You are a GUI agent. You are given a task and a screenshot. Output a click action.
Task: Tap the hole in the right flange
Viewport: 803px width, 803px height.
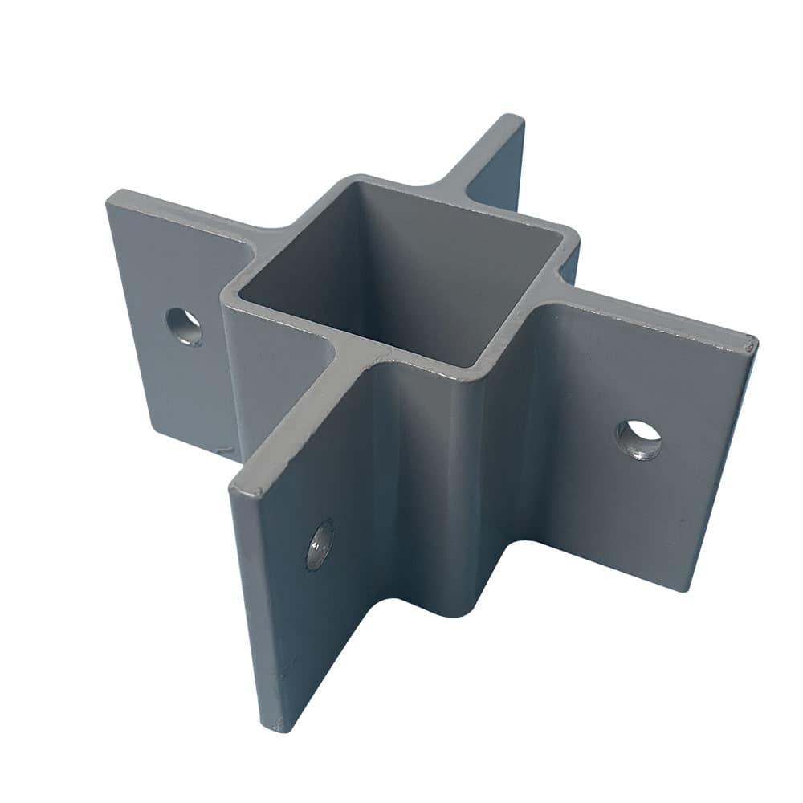[638, 439]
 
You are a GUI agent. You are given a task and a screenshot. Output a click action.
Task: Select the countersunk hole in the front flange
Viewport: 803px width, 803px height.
[319, 545]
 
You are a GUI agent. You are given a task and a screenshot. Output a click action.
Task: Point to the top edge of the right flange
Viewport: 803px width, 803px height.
[658, 316]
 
